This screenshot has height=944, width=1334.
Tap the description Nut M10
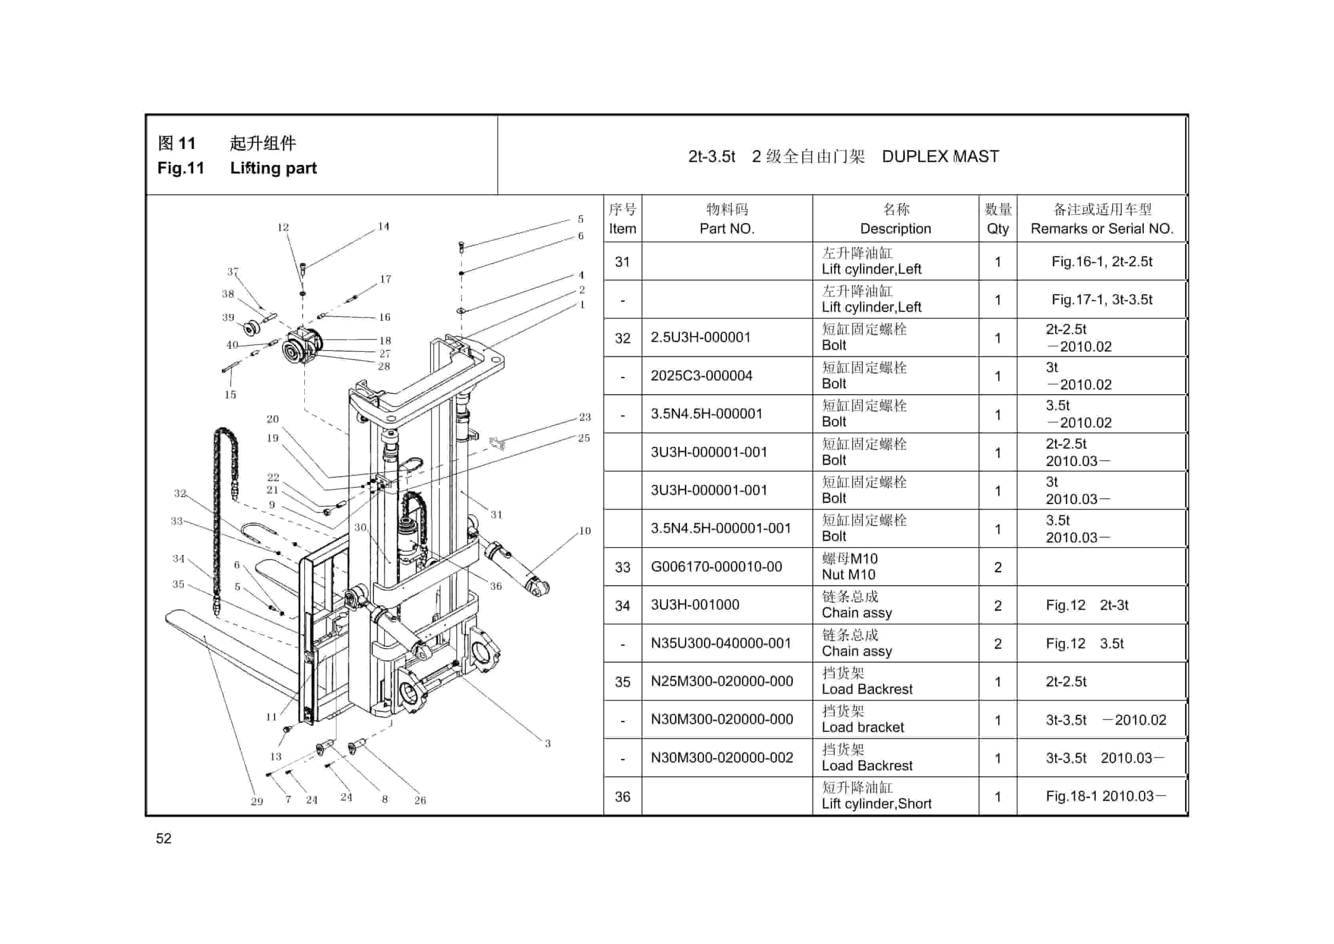tap(848, 575)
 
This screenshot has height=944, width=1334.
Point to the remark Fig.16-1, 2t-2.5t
tap(1102, 262)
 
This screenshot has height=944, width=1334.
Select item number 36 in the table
tap(622, 796)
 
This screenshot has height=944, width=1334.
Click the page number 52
tap(164, 838)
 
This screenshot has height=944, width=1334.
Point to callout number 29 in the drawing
tap(257, 802)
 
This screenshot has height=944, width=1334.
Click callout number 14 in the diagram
tap(383, 226)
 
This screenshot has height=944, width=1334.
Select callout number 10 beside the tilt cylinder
tap(585, 531)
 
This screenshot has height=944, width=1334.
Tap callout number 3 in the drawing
tap(547, 743)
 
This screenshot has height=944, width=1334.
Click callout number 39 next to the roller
tap(228, 317)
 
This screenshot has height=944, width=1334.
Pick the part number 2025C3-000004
tap(701, 376)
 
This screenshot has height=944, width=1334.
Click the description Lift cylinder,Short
tap(876, 804)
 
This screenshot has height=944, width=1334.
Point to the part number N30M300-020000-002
tap(722, 758)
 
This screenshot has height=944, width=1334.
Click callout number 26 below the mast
tap(420, 801)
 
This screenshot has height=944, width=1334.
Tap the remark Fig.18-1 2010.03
tap(1105, 796)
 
